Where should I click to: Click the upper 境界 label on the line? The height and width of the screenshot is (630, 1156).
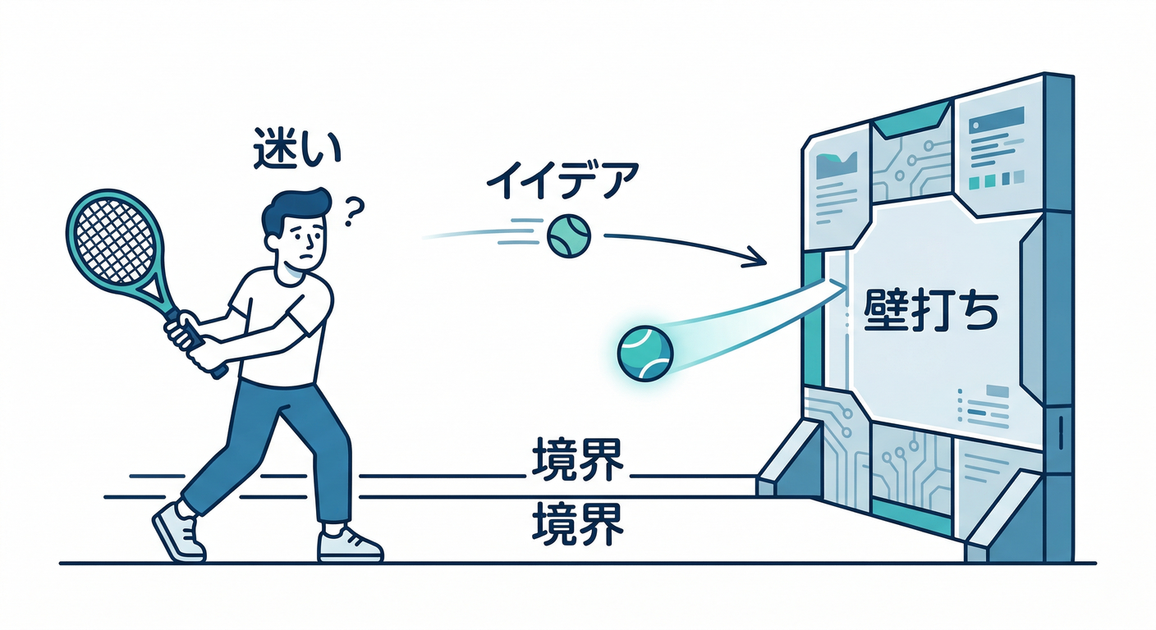pos(577,459)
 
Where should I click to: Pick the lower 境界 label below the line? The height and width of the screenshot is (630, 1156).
pos(577,524)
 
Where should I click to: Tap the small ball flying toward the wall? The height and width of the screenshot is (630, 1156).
pos(568,236)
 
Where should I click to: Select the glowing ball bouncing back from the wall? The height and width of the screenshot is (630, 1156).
pos(645,354)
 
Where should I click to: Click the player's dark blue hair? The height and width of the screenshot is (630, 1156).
pos(294,210)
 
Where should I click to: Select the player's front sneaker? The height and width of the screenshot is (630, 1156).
pos(350,545)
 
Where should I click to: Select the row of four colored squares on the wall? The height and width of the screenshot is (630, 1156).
pos(996,180)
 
